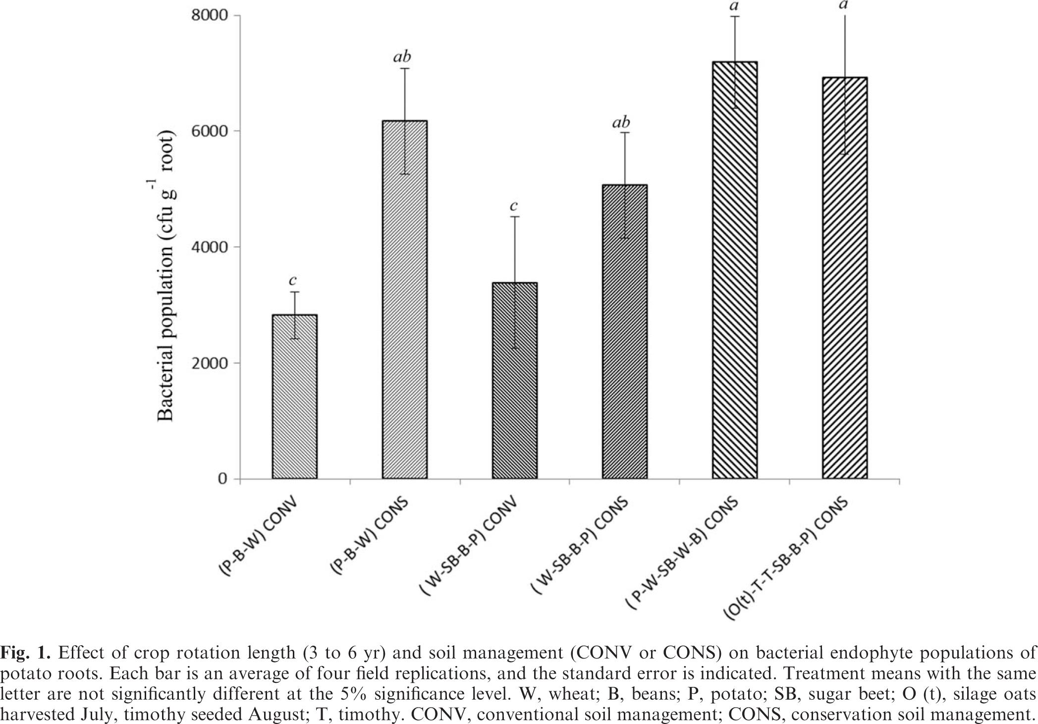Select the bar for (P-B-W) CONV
point(294,396)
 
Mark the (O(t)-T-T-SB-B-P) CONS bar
point(844,278)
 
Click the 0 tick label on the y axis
point(222,479)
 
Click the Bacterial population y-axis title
point(166,276)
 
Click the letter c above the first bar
point(293,280)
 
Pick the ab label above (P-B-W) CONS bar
point(402,57)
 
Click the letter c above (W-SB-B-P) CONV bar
point(514,205)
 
